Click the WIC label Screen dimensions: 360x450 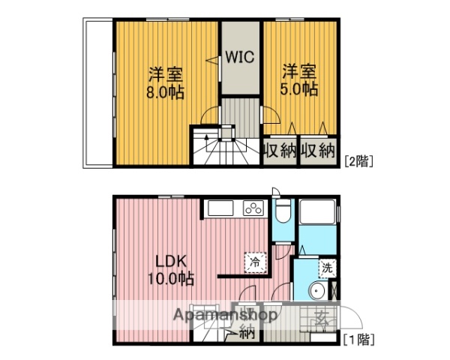[x=239, y=57]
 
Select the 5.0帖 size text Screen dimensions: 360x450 [x=298, y=89]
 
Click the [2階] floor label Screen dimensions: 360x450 [x=358, y=159]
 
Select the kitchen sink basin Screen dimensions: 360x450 [x=221, y=208]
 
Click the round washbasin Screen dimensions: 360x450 [x=316, y=291]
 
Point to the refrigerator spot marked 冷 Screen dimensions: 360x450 [x=255, y=262]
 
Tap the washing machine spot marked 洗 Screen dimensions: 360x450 [x=327, y=268]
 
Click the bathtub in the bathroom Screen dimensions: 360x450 [x=318, y=223]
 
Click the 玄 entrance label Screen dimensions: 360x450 [x=320, y=318]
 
